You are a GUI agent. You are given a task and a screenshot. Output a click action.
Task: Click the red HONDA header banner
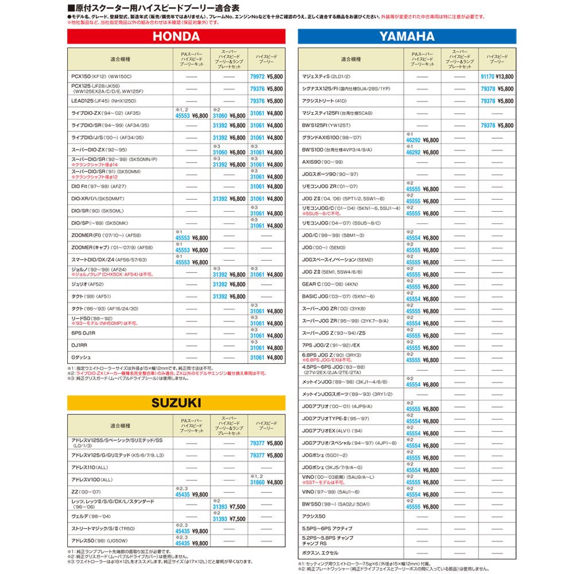tap(176, 37)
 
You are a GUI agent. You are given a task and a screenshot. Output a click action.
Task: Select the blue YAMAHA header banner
tap(406, 37)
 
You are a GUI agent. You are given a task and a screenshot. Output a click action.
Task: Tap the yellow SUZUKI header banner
tap(176, 403)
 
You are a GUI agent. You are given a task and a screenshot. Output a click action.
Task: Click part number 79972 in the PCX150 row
tap(257, 76)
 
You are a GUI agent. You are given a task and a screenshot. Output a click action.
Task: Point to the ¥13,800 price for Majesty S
tap(505, 76)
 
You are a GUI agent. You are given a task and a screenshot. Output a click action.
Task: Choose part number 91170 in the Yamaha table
tap(487, 76)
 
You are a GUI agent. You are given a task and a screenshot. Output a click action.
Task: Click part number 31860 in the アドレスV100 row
tap(257, 483)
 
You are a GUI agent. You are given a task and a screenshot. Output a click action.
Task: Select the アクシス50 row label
tap(314, 516)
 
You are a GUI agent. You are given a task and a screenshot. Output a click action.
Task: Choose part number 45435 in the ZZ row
tap(183, 494)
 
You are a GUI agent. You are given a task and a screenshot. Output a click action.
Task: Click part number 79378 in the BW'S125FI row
tap(487, 125)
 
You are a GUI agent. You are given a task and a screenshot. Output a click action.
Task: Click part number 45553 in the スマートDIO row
tap(183, 262)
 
